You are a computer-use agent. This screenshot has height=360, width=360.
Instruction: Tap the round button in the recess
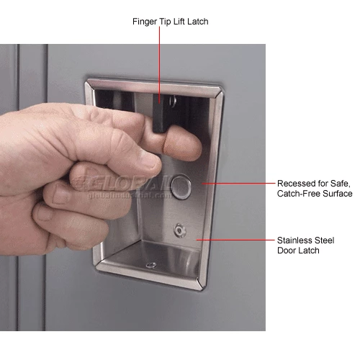tap(181, 187)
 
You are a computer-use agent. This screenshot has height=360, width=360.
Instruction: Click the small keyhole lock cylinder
tap(180, 230)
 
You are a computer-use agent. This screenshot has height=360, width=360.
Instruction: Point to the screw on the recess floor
tap(151, 265)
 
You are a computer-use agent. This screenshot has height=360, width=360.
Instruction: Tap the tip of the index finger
tap(194, 143)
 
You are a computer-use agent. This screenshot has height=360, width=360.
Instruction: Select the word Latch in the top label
tap(198, 22)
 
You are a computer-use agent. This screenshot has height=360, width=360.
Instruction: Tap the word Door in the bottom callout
tap(286, 251)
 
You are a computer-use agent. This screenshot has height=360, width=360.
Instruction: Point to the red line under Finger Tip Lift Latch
tap(159, 65)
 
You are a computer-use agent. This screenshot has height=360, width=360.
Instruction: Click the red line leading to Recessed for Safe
tap(238, 184)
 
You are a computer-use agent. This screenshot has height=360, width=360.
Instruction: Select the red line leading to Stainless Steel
tap(235, 240)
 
